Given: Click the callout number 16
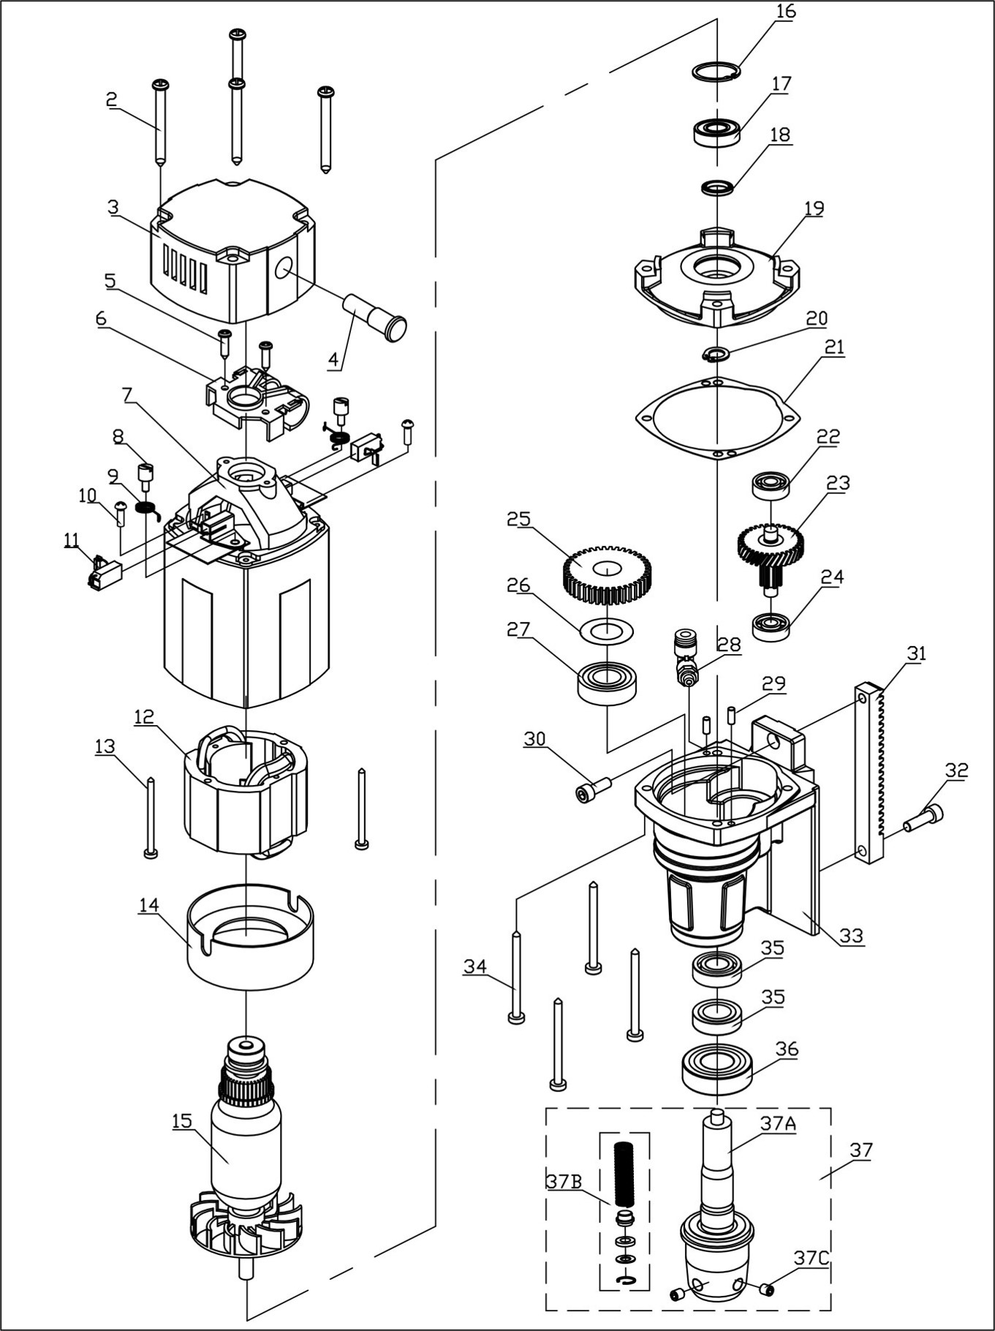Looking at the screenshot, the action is (786, 12).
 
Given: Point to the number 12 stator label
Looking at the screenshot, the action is (144, 716).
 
